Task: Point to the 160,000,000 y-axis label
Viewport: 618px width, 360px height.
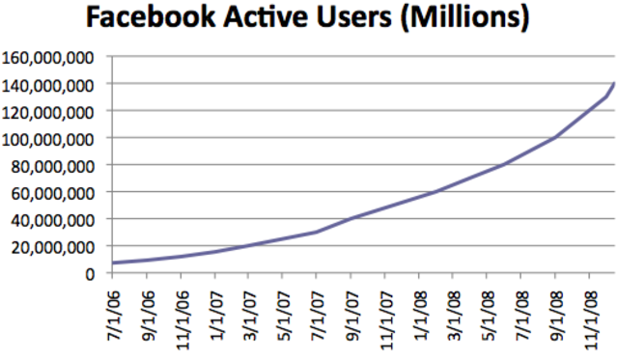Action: coord(47,58)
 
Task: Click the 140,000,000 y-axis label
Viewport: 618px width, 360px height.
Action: coord(47,85)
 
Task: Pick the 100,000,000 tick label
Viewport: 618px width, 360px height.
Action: coord(47,139)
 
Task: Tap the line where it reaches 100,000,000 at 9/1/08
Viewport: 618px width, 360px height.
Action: coord(554,138)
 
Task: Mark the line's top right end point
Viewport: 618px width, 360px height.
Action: coord(614,84)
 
